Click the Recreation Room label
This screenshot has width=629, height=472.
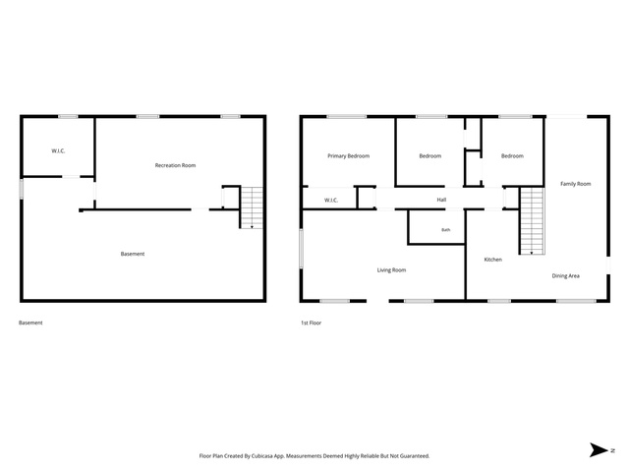(175, 165)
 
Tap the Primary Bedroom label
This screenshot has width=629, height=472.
(348, 156)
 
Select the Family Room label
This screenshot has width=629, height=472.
(575, 184)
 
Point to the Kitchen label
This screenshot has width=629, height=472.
(493, 260)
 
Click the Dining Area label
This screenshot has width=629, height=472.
(566, 276)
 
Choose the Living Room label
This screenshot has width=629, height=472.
(391, 270)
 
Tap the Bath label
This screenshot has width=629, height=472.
(445, 230)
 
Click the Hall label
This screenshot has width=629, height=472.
(441, 200)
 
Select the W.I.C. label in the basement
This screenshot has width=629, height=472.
(58, 151)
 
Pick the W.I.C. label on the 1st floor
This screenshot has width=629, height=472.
(331, 201)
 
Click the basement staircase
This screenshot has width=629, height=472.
(252, 207)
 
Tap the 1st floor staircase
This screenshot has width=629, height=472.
(532, 221)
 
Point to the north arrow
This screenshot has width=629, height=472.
(599, 450)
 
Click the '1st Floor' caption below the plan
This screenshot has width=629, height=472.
(311, 323)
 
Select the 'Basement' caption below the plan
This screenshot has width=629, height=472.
(30, 323)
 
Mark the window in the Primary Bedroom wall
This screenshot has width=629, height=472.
(346, 117)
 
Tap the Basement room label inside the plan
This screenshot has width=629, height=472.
(133, 254)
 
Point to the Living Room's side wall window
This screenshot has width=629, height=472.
(302, 249)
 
